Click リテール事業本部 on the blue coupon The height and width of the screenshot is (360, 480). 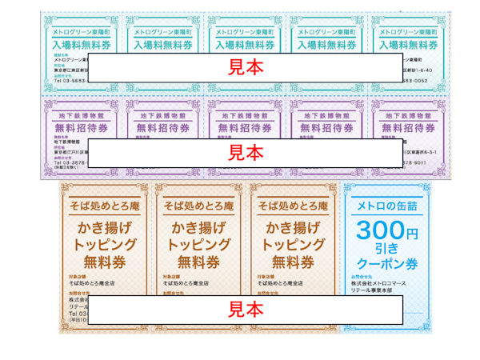click(377, 290)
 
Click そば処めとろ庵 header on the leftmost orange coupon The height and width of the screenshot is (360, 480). click(107, 206)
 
